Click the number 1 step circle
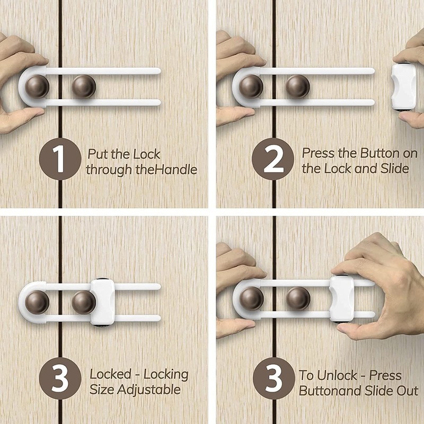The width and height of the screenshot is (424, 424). coord(60,158)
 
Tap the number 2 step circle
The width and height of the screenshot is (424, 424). coord(273,158)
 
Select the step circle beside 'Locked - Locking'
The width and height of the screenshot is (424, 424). coord(60,378)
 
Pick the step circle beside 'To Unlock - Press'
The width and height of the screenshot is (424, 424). coord(274,378)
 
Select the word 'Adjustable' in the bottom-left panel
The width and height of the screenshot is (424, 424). coord(149,390)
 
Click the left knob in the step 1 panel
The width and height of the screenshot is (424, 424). coord(37,86)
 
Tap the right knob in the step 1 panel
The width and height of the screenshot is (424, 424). coord(84,86)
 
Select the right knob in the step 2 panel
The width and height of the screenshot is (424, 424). coord(298,86)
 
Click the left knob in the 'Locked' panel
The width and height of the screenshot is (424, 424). coord(37,302)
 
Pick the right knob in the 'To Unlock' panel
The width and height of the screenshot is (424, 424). coord(298,298)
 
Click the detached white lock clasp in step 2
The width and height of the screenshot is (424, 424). coord(404,86)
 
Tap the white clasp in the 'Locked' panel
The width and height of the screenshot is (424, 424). coord(103,302)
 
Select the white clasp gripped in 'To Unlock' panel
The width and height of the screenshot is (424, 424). coord(342,299)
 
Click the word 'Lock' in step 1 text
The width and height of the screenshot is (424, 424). coord(147,154)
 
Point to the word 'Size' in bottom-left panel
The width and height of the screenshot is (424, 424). coord(102,390)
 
